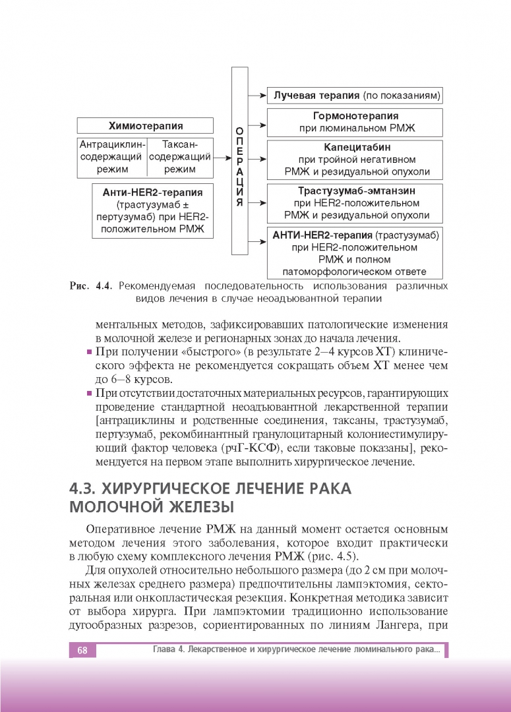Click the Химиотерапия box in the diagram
(x=145, y=126)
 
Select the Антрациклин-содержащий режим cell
(x=111, y=157)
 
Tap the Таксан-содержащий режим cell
(x=180, y=157)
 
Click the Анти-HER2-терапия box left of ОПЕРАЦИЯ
(x=152, y=210)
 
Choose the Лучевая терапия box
(x=355, y=95)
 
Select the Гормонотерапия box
(x=355, y=123)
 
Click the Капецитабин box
(x=355, y=160)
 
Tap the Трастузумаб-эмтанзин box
(x=355, y=203)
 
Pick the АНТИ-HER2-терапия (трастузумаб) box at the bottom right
(x=355, y=252)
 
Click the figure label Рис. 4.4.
(x=92, y=287)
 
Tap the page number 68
(x=82, y=651)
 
